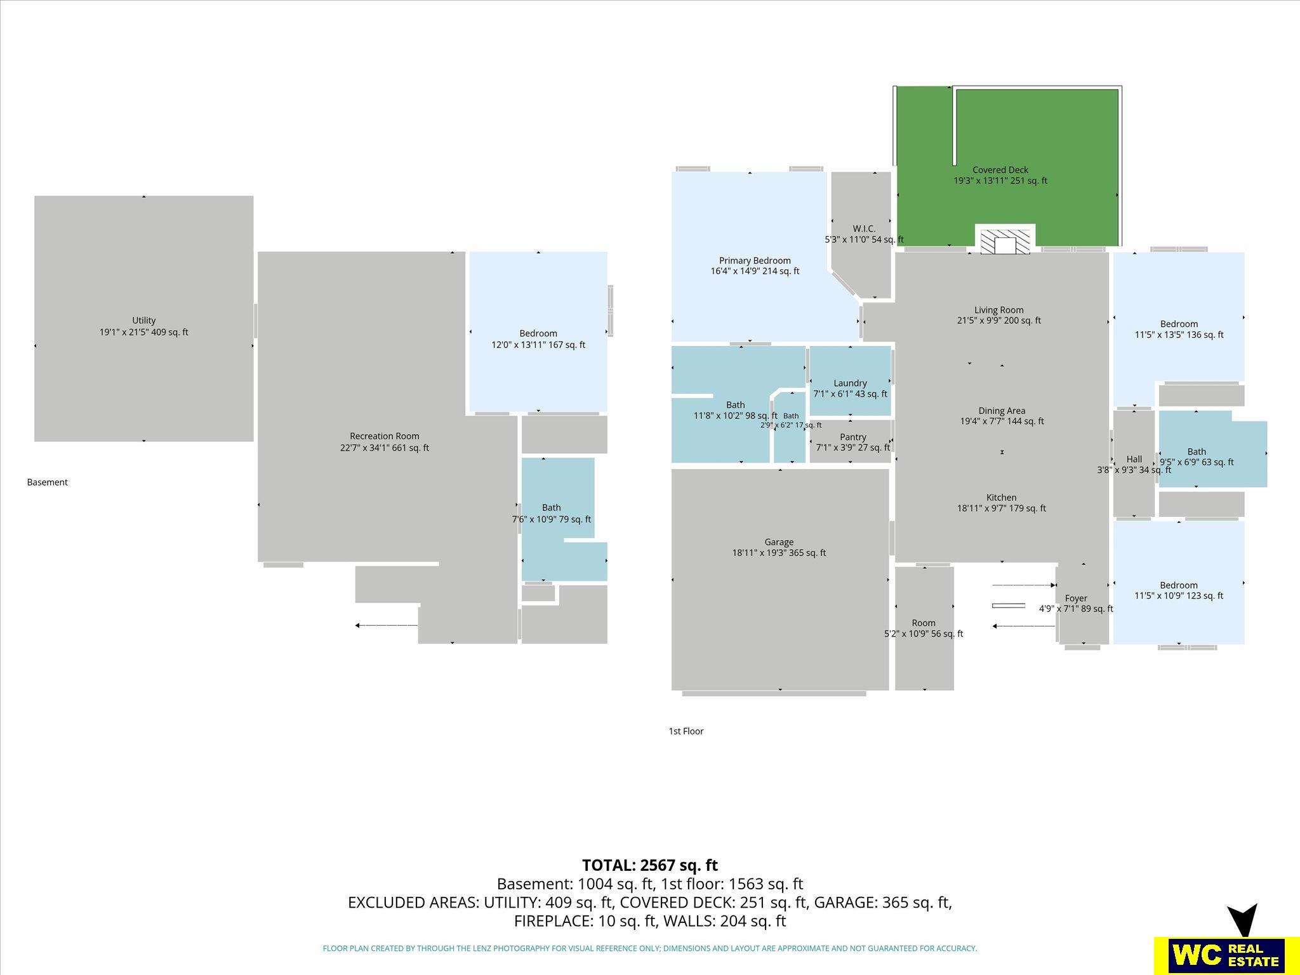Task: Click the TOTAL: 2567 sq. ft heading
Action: [x=650, y=865]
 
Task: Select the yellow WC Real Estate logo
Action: [x=1219, y=955]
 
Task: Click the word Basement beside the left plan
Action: [x=47, y=482]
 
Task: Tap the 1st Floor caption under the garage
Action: [x=686, y=731]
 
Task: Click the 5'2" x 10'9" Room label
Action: [x=924, y=628]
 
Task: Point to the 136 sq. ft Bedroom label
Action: [x=1179, y=329]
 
